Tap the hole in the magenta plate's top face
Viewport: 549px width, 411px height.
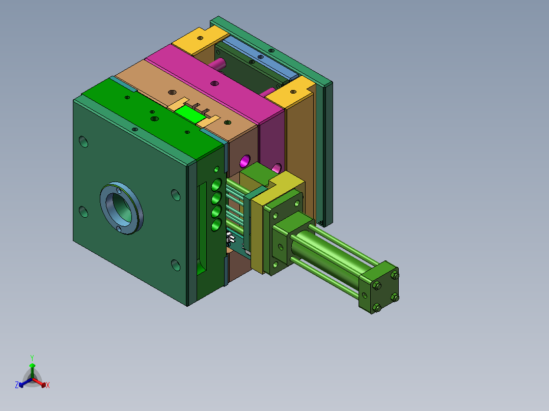(x=214, y=83)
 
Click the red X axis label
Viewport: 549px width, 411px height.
(x=48, y=385)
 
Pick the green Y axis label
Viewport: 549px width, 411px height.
(x=32, y=358)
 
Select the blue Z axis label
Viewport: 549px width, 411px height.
(x=17, y=385)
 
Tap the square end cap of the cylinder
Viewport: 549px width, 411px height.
(x=379, y=287)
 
